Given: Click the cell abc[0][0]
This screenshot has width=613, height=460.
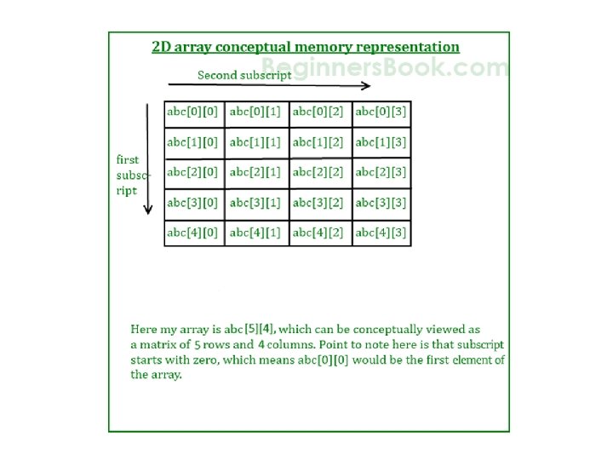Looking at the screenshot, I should tap(193, 112).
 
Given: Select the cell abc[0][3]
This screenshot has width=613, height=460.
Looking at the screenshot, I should tap(381, 112).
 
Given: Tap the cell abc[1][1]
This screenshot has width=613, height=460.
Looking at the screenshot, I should tap(256, 142).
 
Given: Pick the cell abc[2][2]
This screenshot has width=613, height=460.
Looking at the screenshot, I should tap(319, 172).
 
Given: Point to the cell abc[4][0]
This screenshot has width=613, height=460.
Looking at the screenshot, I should tap(193, 233).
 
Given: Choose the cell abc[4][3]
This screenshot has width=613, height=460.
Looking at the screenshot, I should tap(381, 233).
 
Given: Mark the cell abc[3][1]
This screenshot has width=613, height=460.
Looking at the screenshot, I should tap(256, 203).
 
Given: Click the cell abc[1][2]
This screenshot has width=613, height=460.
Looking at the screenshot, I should tap(319, 142).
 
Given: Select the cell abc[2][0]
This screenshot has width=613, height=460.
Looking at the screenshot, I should tap(193, 172).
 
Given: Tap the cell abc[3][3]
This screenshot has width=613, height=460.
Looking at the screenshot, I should tap(381, 203).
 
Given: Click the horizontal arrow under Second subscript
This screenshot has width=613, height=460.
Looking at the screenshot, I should tap(269, 85).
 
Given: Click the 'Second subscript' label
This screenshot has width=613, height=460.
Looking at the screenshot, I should tap(244, 74).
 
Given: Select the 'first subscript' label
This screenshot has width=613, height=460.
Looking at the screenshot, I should tap(132, 175).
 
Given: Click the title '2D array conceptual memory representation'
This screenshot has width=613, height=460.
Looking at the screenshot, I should tap(306, 48).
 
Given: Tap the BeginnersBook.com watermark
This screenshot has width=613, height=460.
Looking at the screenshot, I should tap(385, 66).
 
